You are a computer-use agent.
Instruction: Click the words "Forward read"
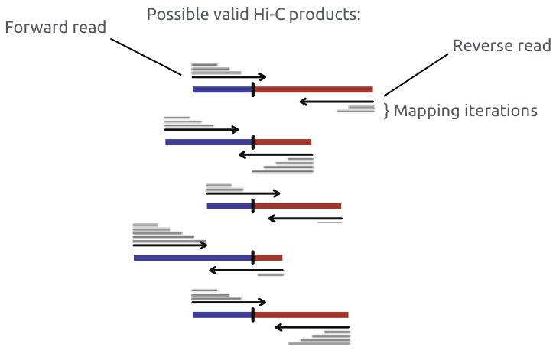point(55,28)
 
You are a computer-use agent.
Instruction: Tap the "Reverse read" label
point(502,46)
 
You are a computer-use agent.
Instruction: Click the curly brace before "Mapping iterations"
point(386,111)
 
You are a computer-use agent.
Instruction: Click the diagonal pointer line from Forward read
point(161,65)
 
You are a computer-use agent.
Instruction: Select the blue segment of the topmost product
point(222,89)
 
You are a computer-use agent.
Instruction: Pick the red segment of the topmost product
point(314,89)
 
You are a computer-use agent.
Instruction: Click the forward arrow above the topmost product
point(229,76)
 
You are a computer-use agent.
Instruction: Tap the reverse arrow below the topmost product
point(337,102)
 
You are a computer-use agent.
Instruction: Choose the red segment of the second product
point(283,141)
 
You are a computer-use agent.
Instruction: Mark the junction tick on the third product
point(252,205)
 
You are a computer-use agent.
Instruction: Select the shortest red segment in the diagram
point(268,258)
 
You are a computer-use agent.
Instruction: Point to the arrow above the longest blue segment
point(170,245)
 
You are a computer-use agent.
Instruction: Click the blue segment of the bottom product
point(222,314)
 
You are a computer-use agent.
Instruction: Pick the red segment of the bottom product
point(301,314)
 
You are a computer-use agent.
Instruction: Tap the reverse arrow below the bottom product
point(312,327)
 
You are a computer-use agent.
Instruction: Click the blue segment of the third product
point(229,206)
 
